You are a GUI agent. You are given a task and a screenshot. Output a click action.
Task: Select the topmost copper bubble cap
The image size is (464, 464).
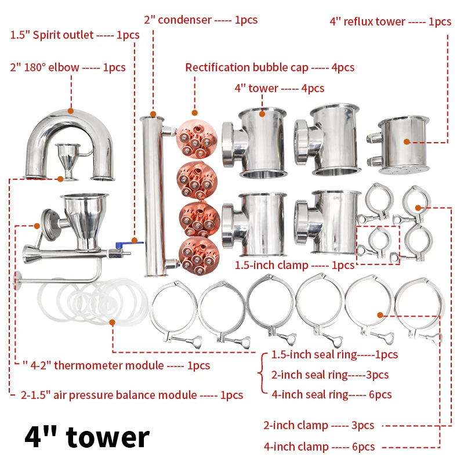point(197,139)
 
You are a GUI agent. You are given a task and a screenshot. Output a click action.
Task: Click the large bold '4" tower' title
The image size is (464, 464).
point(87,437)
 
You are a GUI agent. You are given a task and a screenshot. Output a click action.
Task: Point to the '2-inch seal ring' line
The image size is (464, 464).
point(330,375)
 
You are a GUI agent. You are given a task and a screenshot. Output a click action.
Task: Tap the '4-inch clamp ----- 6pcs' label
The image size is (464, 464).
point(320,447)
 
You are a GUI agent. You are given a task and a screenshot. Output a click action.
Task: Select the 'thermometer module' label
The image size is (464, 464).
point(117,365)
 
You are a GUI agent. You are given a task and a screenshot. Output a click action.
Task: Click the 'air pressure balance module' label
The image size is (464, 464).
point(132,395)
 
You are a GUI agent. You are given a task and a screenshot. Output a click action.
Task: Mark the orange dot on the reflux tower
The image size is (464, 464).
point(407,142)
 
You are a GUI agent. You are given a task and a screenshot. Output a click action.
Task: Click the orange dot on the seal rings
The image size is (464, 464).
point(112,322)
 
